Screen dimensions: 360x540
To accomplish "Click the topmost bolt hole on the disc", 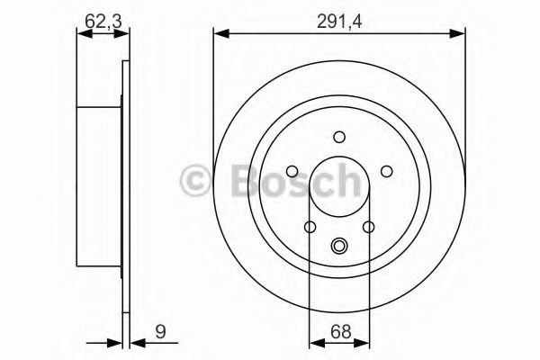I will coord(339,138).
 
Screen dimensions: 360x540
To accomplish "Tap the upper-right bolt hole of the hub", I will coord(385,171).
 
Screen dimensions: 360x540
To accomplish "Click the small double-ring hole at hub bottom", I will coord(339,245).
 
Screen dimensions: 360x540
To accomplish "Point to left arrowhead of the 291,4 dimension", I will coord(219,33).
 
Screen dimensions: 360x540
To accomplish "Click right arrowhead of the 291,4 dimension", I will coord(461,33).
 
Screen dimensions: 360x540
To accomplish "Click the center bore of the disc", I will coord(339,189).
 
